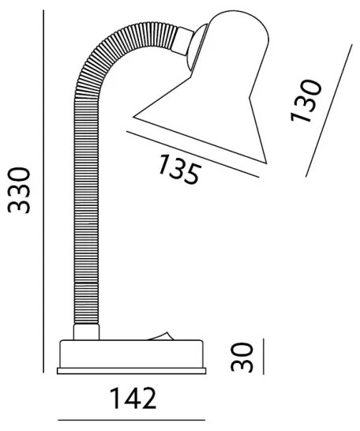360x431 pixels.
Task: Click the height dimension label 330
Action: (21, 190)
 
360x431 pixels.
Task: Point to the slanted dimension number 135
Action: (178, 170)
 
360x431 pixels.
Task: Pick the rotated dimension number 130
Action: (307, 100)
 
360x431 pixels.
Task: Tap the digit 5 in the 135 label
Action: (191, 174)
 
